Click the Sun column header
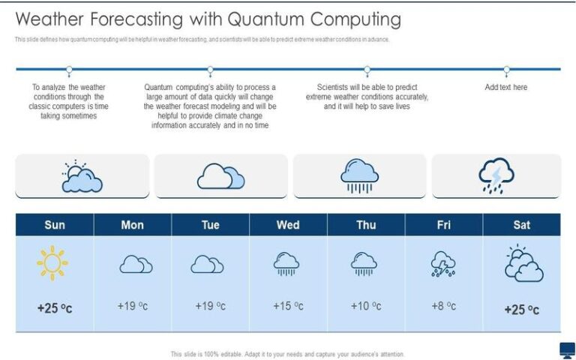(55, 225)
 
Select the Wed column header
(288, 225)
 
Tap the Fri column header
(443, 225)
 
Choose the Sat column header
(521, 225)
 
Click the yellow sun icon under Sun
(53, 263)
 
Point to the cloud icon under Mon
(136, 264)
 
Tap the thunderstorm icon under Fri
(442, 264)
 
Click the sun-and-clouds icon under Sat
(523, 264)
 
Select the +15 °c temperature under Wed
(288, 306)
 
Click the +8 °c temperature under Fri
(443, 306)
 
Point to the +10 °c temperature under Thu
(365, 306)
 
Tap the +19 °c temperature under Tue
(210, 306)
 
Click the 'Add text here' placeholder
(505, 87)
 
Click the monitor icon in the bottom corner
(568, 349)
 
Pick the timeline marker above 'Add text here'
(506, 70)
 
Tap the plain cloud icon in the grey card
(220, 176)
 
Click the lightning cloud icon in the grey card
(496, 176)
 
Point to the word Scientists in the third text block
(334, 87)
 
